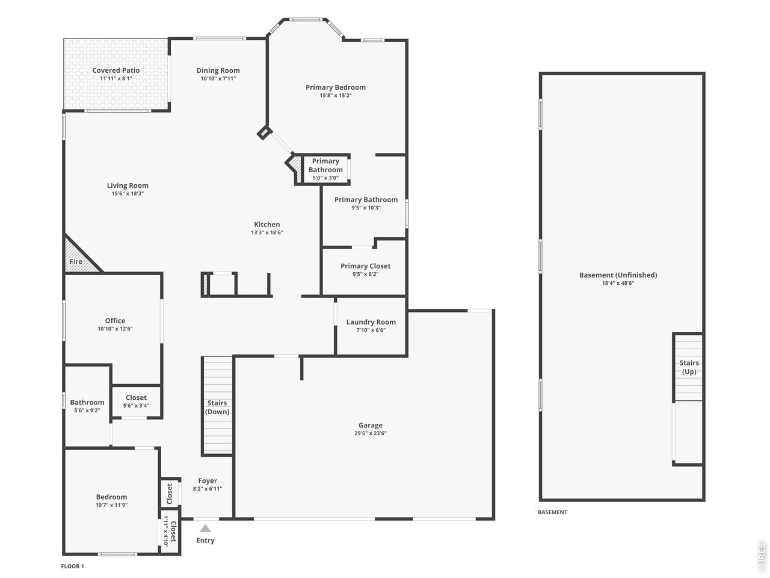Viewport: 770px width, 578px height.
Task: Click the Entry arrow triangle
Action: [x=205, y=528]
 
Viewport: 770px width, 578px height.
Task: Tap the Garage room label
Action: [x=371, y=425]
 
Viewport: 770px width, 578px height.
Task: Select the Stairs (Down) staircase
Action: [x=218, y=406]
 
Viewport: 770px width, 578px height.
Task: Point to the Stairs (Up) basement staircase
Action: [x=689, y=367]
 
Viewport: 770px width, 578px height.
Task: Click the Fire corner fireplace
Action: [x=79, y=256]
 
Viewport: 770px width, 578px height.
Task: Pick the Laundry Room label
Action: [x=371, y=322]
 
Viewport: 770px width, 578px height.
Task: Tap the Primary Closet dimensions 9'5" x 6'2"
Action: [x=365, y=274]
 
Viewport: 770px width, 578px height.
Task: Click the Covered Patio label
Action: [x=115, y=70]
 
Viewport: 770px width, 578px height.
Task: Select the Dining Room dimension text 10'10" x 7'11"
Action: [x=218, y=78]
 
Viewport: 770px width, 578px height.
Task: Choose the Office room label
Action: [x=115, y=320]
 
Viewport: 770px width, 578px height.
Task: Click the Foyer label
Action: [x=208, y=481]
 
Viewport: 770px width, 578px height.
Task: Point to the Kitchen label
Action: [x=267, y=224]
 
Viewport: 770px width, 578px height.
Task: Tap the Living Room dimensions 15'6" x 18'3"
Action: [x=128, y=193]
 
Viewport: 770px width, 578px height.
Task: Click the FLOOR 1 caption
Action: [x=73, y=566]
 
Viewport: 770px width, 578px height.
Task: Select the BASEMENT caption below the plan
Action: [x=552, y=512]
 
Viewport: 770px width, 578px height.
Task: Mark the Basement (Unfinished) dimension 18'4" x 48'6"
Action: [x=618, y=283]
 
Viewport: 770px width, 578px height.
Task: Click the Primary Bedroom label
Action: [x=335, y=87]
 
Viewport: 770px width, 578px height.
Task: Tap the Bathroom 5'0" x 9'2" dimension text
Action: [x=87, y=410]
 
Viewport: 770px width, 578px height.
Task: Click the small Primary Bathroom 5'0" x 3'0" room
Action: [x=326, y=170]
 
